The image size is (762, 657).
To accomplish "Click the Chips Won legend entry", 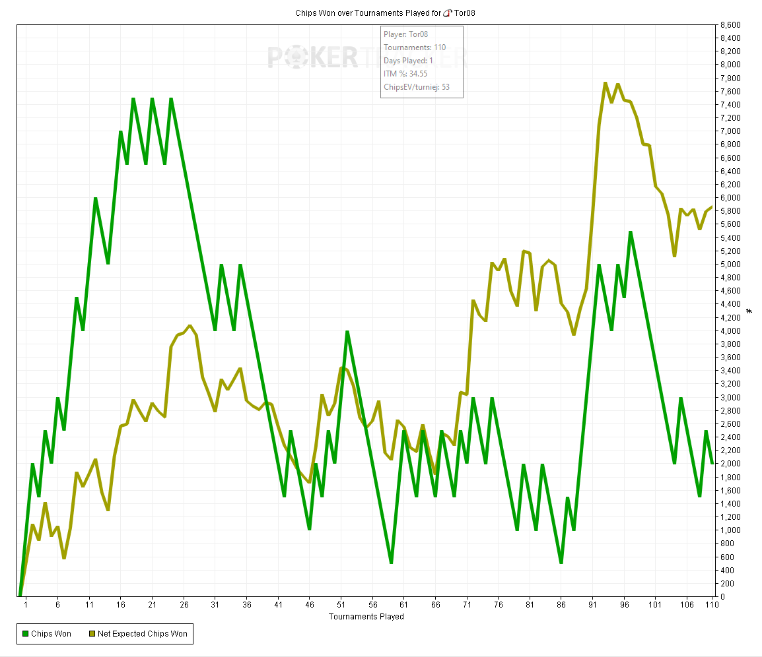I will pyautogui.click(x=51, y=634).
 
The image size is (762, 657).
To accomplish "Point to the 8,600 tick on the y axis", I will pyautogui.click(x=731, y=25).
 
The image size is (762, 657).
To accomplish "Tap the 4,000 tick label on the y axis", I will pyautogui.click(x=731, y=330).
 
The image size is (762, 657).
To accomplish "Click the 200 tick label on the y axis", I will pyautogui.click(x=727, y=584).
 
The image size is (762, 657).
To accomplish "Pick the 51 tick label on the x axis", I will pyautogui.click(x=340, y=604).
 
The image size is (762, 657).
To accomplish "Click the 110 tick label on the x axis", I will pyautogui.click(x=711, y=604).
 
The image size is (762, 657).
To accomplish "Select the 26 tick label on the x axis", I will pyautogui.click(x=184, y=604).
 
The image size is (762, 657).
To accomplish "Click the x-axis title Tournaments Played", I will pyautogui.click(x=366, y=617).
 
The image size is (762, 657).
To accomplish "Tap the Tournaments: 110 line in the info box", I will pyautogui.click(x=415, y=47).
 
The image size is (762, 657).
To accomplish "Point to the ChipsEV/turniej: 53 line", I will pyautogui.click(x=417, y=86).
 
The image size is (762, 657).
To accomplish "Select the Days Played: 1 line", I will pyautogui.click(x=408, y=60).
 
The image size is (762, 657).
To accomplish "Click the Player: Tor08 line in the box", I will pyautogui.click(x=406, y=34).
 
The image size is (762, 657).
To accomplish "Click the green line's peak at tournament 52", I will pyautogui.click(x=347, y=331).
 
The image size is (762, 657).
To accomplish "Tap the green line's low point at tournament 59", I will pyautogui.click(x=392, y=563).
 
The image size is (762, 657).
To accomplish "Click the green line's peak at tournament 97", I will pyautogui.click(x=631, y=232).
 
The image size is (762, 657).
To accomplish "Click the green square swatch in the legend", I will pyautogui.click(x=25, y=634).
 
